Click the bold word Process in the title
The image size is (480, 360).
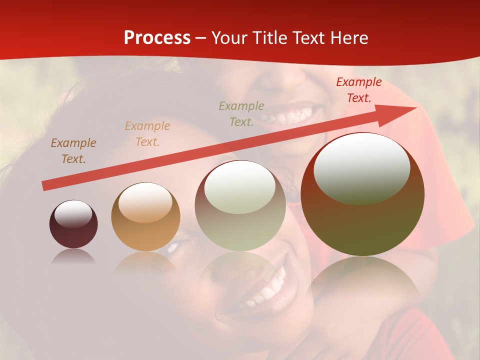(157, 38)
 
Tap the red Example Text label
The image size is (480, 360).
(358, 90)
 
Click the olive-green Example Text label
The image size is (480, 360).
(241, 113)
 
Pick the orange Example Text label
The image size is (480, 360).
(147, 134)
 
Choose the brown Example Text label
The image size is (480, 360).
(73, 151)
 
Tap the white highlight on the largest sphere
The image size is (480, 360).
(361, 168)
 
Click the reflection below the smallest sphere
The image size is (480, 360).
(73, 257)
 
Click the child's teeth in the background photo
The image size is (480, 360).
(290, 116)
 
